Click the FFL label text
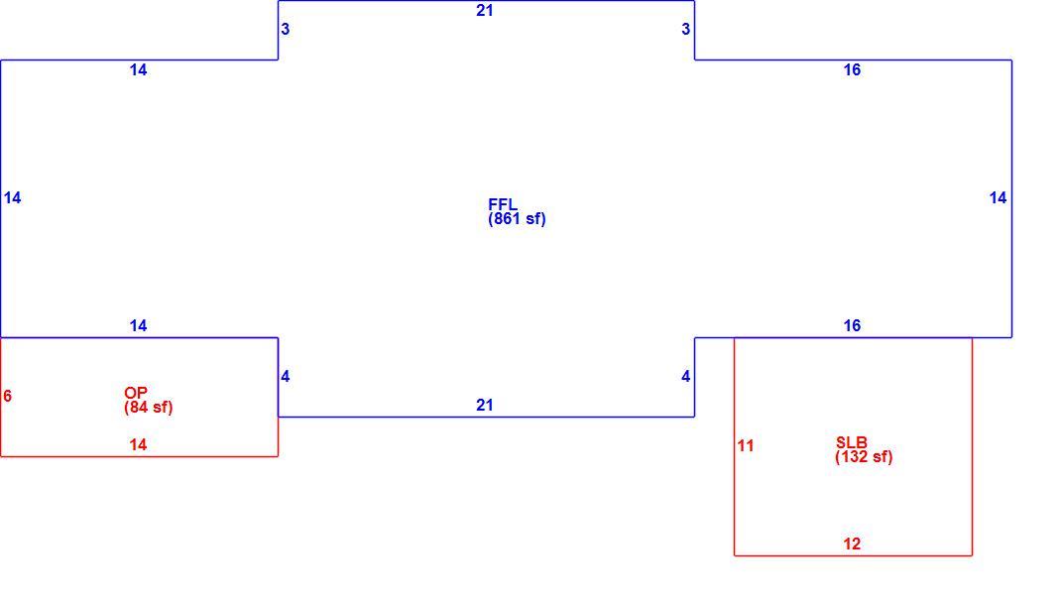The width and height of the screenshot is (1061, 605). tap(502, 204)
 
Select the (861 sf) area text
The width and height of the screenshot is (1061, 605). tap(517, 218)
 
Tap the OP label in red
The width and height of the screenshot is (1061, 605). tap(135, 393)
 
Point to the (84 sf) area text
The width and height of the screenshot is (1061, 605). tap(148, 407)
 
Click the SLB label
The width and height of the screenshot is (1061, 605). tap(851, 442)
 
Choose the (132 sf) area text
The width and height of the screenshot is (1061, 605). tap(864, 457)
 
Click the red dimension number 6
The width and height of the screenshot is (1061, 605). tap(8, 396)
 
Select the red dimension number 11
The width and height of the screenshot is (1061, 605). tap(746, 445)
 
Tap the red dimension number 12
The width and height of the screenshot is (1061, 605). tap(852, 544)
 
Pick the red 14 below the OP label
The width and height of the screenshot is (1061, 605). tap(138, 444)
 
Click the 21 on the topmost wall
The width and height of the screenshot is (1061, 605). tap(485, 10)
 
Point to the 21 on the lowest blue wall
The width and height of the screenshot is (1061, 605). tap(485, 405)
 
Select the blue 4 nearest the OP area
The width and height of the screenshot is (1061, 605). tap(286, 376)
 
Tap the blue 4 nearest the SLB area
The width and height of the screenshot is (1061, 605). tap(686, 376)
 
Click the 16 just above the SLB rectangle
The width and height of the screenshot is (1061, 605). tap(852, 325)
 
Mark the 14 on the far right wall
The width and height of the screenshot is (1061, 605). tap(999, 197)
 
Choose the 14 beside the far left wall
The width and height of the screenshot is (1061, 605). tap(12, 197)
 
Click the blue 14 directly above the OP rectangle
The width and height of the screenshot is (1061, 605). tap(138, 325)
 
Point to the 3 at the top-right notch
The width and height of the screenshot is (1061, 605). tap(686, 29)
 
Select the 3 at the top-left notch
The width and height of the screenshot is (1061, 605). tap(286, 29)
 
